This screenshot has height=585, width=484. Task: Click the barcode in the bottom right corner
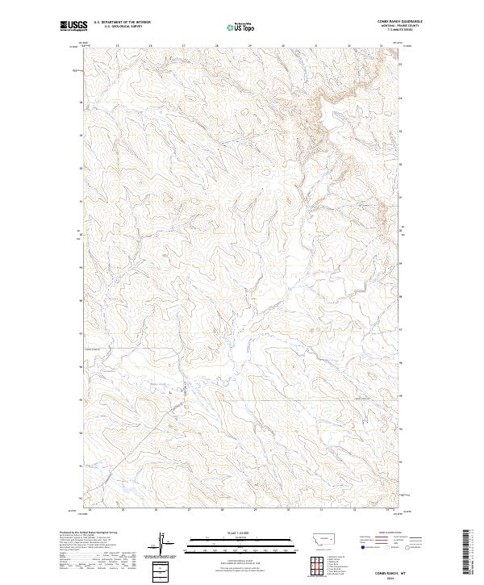[467, 554]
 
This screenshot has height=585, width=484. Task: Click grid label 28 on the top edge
[217, 45]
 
